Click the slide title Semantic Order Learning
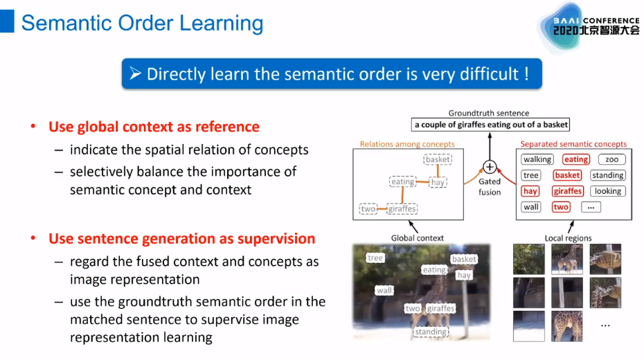point(142,23)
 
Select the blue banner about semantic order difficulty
point(332,74)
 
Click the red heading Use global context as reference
point(154,127)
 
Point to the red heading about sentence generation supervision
point(181,239)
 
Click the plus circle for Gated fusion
point(490,167)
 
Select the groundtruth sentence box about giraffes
point(491,125)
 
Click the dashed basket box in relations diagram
point(438,160)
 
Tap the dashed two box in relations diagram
point(368,208)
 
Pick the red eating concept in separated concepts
point(575,160)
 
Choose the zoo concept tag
point(611,160)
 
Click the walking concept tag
point(537,160)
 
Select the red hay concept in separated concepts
point(530,191)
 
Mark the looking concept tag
point(608,191)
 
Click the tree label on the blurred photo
point(375,258)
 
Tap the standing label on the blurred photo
point(431,332)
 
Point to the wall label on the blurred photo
point(384,291)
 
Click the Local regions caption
point(569,238)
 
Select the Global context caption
point(418,238)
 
